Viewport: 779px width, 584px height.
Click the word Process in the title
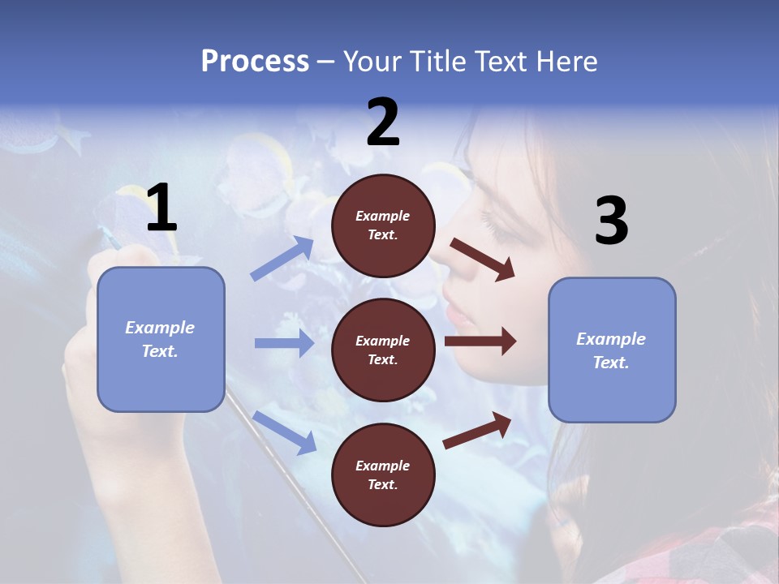click(x=255, y=62)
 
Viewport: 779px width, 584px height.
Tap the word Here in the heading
click(x=566, y=62)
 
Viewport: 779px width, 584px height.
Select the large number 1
click(x=161, y=208)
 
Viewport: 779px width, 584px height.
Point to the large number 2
click(x=383, y=122)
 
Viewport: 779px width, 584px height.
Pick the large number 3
click(x=611, y=221)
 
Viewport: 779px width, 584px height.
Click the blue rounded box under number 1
click(x=161, y=339)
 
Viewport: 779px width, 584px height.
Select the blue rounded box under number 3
click(x=612, y=350)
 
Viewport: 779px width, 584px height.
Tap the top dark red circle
click(x=383, y=225)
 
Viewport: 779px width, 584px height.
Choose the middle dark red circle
click(x=383, y=350)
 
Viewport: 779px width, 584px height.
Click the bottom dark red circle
click(x=383, y=474)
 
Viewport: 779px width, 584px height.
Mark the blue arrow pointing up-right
click(x=282, y=259)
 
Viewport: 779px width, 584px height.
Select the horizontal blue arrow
click(x=284, y=343)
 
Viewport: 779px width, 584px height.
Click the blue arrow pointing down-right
click(x=284, y=432)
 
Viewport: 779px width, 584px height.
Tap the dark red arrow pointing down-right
click(x=482, y=260)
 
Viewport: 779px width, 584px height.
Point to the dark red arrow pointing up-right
click(x=477, y=430)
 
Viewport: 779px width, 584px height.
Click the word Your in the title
click(x=369, y=62)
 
